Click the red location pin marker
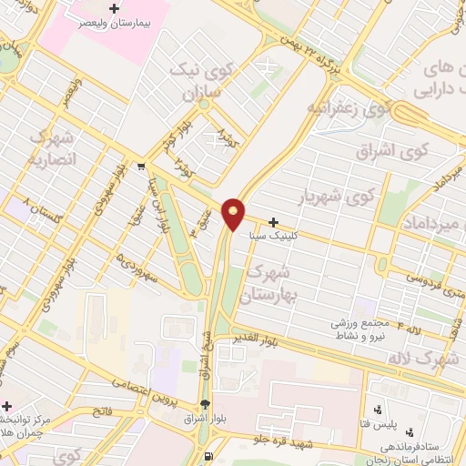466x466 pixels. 235,214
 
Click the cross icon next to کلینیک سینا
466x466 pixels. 273,222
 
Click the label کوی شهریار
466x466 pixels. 337,196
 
